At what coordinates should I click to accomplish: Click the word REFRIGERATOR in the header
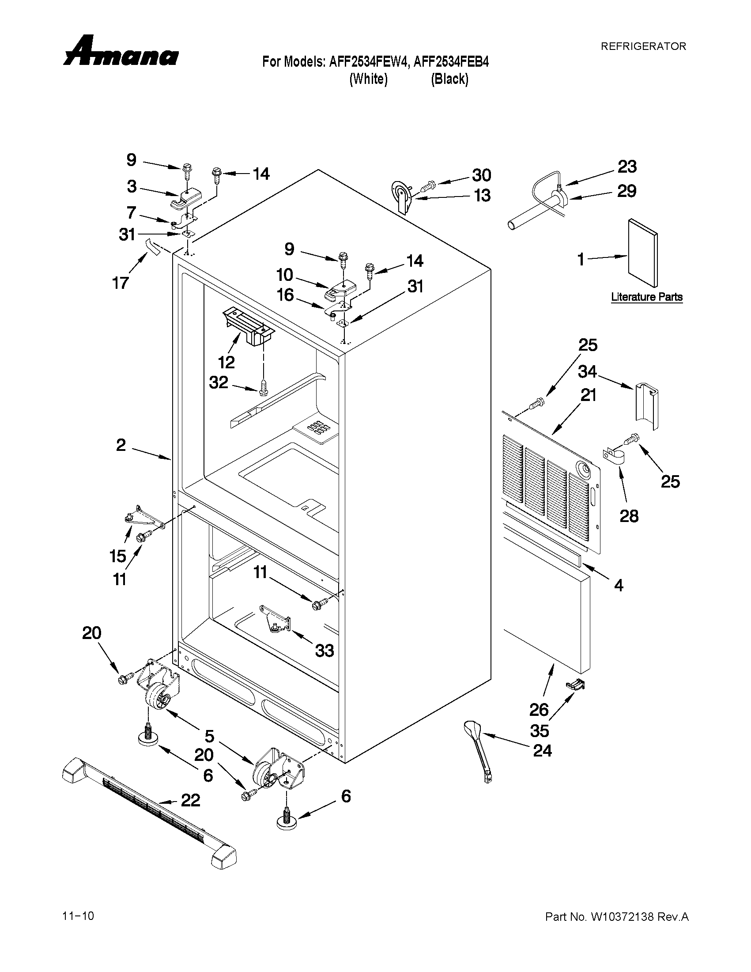click(643, 46)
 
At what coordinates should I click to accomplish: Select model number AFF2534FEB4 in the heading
click(451, 62)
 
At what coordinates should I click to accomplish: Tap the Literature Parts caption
click(646, 297)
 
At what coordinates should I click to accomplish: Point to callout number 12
click(226, 362)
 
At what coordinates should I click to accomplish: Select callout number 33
click(325, 651)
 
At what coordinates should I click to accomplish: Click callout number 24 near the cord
click(542, 751)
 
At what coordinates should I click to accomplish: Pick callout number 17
click(121, 283)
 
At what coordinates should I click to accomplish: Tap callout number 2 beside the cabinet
click(121, 445)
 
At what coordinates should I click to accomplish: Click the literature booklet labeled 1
click(642, 253)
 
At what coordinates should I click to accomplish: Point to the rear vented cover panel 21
click(552, 480)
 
